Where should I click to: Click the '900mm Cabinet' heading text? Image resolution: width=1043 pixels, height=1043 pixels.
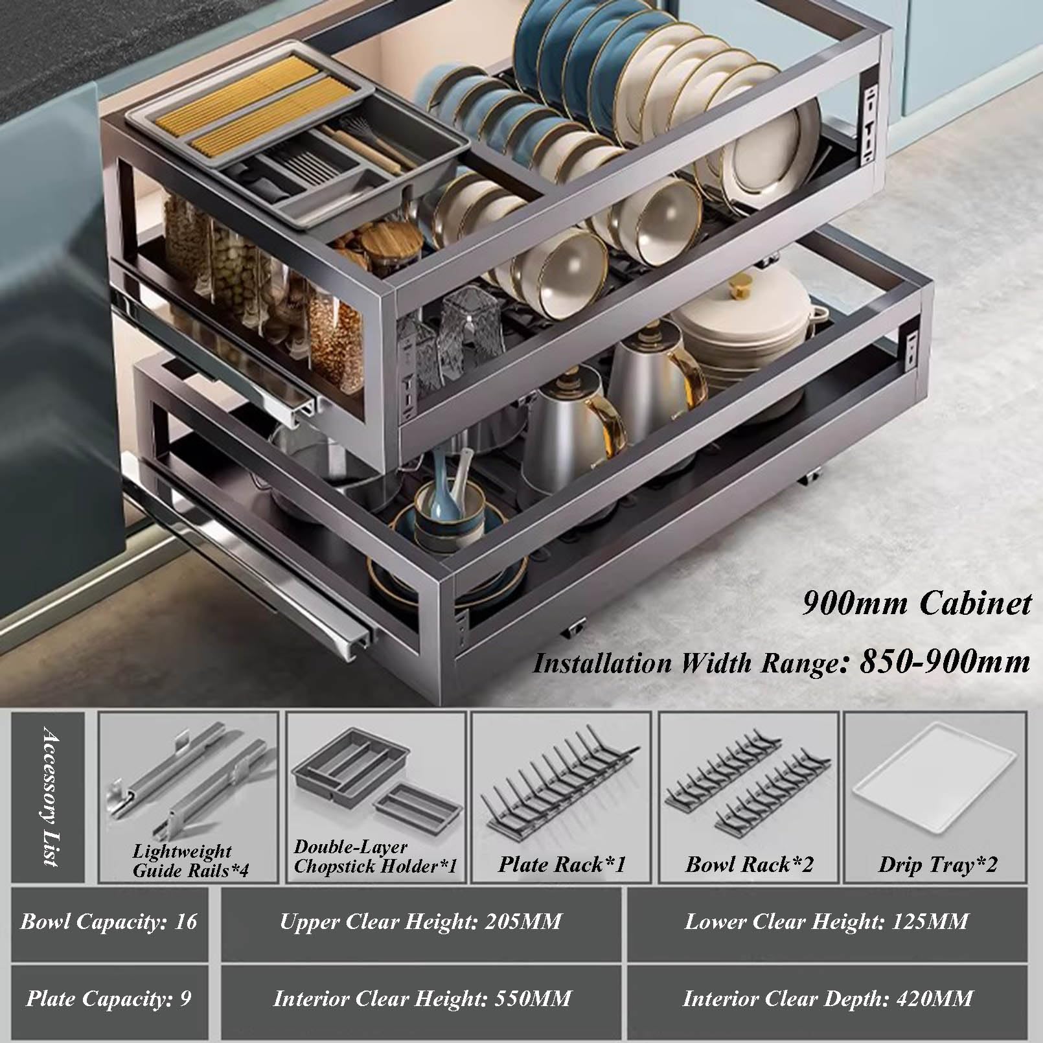coord(917,603)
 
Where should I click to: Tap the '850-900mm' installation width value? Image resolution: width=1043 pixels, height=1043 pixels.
coord(945,661)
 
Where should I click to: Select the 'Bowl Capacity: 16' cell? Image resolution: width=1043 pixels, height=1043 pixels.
coord(109,921)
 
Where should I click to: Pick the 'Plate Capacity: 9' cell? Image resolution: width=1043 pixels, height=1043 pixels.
coord(109,998)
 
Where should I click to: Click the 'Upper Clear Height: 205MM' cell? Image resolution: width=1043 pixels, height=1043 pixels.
coord(420,921)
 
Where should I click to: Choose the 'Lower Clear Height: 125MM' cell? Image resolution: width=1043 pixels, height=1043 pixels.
coord(827,921)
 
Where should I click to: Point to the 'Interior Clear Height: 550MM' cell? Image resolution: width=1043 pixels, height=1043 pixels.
coord(422,998)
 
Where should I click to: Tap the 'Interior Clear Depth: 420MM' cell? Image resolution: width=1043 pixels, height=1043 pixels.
coord(827,998)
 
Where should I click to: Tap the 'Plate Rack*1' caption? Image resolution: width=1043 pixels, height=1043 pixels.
coord(562,864)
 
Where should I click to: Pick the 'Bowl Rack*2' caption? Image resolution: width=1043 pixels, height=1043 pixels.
coord(750,864)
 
